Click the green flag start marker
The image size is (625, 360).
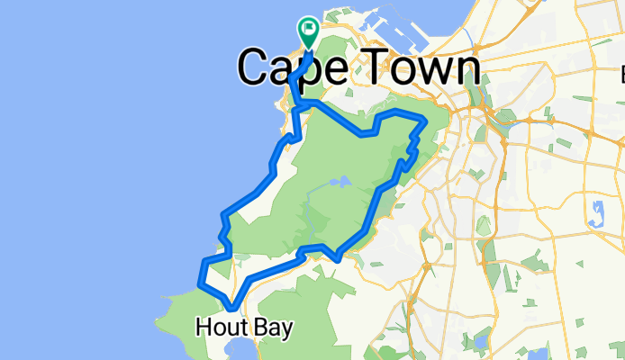tap(309, 30)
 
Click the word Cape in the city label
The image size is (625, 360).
tap(292, 67)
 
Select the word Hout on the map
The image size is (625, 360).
tap(220, 328)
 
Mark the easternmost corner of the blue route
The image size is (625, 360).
tap(425, 119)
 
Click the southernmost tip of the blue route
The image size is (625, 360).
tap(232, 311)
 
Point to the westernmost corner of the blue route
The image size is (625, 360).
tap(201, 286)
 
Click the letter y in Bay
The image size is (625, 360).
tap(285, 331)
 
